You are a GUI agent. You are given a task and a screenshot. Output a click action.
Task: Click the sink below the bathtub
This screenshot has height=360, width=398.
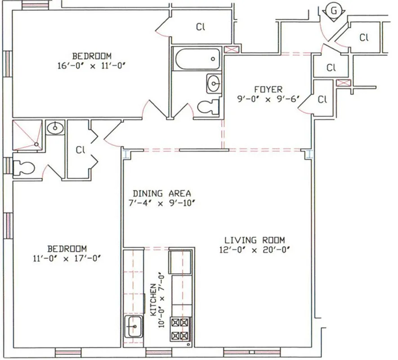(214, 83)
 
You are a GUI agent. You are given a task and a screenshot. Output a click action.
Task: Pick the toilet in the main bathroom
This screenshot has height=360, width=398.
(209, 107)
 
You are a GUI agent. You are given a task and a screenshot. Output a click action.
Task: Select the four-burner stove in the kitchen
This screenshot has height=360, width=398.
(180, 329)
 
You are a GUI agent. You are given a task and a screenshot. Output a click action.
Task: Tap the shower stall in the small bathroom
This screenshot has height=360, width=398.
(27, 133)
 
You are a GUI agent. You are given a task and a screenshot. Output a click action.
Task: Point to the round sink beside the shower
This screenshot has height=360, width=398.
(54, 128)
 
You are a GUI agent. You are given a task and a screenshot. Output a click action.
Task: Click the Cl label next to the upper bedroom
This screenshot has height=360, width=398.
(201, 27)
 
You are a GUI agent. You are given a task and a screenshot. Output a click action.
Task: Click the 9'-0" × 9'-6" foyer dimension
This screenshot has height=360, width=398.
(261, 99)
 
